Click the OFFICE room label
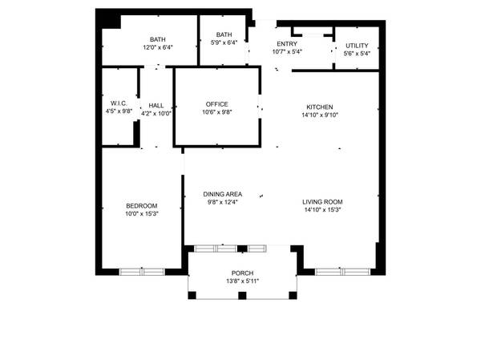click(x=216, y=104)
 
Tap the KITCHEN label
click(x=319, y=107)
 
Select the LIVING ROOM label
click(x=322, y=202)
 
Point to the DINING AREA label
click(x=223, y=194)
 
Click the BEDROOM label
click(x=141, y=205)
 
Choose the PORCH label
click(x=242, y=273)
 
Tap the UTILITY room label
click(x=357, y=46)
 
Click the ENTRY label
click(x=287, y=44)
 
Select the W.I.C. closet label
click(x=119, y=103)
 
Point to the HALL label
click(x=156, y=105)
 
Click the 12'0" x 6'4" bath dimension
click(x=158, y=47)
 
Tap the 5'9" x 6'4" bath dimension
click(x=223, y=43)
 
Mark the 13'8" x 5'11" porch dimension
click(x=242, y=281)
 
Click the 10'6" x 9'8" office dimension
click(x=216, y=113)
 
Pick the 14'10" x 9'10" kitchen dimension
click(x=319, y=115)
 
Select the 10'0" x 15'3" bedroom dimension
click(x=141, y=213)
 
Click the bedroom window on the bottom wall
click(x=141, y=271)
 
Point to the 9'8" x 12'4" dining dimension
click(x=223, y=202)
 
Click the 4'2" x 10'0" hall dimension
click(x=156, y=113)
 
